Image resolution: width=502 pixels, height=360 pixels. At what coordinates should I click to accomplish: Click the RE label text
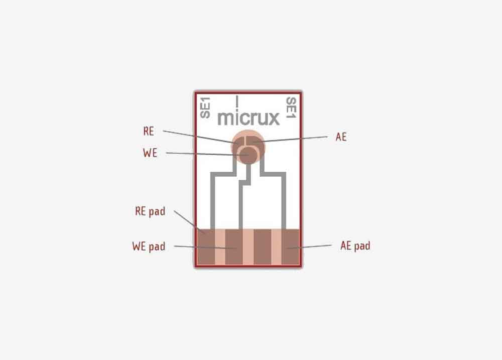pyautogui.click(x=149, y=131)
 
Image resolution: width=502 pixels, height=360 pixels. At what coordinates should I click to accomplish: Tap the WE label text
pyautogui.click(x=150, y=153)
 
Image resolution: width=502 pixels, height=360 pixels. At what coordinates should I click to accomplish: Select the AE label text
pyautogui.click(x=341, y=137)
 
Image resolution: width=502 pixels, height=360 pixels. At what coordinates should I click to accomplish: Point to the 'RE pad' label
pyautogui.click(x=150, y=211)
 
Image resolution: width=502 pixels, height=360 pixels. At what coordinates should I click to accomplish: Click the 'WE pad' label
pyautogui.click(x=149, y=247)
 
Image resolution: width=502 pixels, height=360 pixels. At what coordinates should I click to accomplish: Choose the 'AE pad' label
pyautogui.click(x=355, y=246)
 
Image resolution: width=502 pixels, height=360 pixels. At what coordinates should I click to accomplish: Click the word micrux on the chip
pyautogui.click(x=248, y=118)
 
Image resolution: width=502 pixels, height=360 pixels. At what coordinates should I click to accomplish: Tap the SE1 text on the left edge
pyautogui.click(x=205, y=107)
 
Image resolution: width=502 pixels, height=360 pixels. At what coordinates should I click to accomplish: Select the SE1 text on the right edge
pyautogui.click(x=291, y=107)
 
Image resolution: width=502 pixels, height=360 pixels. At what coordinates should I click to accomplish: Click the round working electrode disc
pyautogui.click(x=248, y=155)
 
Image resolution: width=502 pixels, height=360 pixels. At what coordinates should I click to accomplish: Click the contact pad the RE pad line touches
pyautogui.click(x=206, y=247)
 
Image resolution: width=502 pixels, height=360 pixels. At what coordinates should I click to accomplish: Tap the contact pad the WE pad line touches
pyautogui.click(x=234, y=247)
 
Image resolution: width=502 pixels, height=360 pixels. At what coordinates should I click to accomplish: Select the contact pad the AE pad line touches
pyautogui.click(x=290, y=247)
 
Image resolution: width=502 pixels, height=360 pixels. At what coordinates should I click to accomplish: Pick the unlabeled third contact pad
pyautogui.click(x=262, y=247)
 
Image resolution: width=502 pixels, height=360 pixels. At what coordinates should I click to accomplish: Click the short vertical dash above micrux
pyautogui.click(x=237, y=101)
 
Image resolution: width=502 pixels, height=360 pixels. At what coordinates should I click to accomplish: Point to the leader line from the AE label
pyautogui.click(x=290, y=139)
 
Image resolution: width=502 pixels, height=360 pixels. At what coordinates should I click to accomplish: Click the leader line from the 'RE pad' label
pyautogui.click(x=189, y=221)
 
